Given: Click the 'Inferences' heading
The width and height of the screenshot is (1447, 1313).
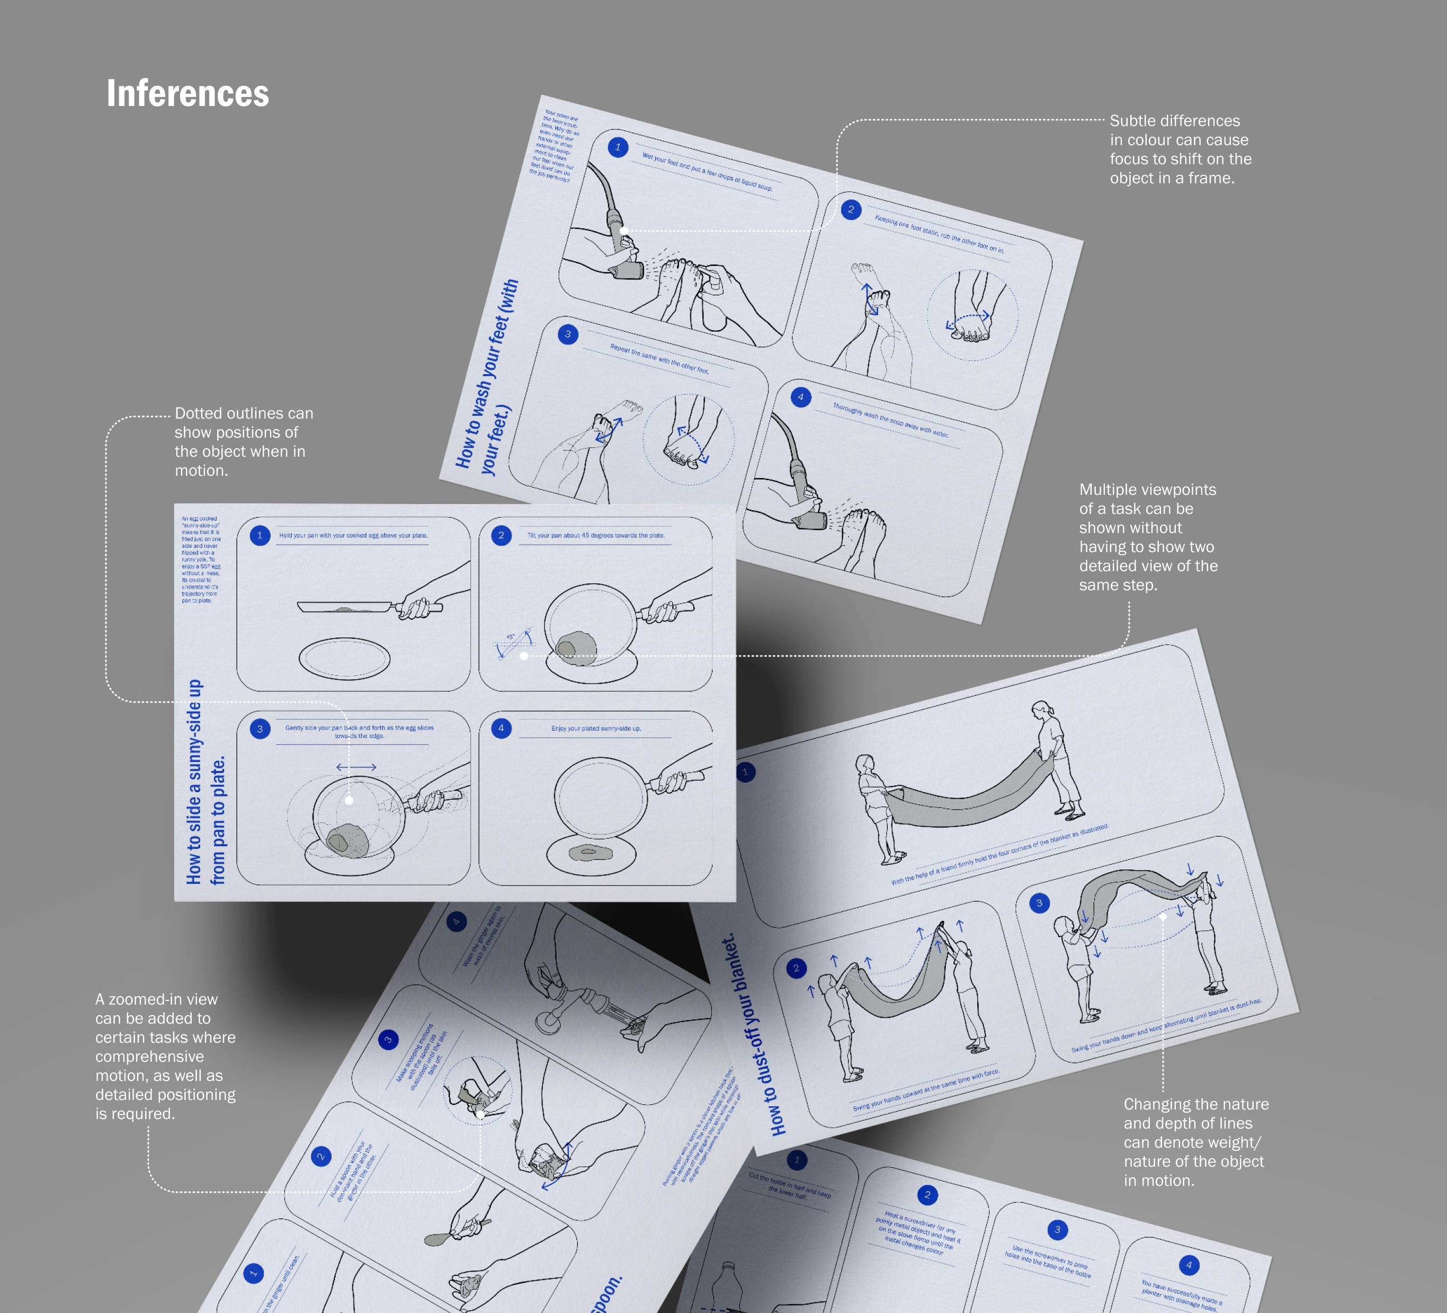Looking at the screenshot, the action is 187,93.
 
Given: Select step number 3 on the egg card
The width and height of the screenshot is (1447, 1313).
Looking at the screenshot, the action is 260,729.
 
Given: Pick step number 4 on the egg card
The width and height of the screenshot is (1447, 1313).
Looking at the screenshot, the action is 501,728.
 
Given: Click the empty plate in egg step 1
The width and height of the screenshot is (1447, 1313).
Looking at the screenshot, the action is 344,658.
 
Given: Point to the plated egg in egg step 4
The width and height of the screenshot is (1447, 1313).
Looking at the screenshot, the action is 590,853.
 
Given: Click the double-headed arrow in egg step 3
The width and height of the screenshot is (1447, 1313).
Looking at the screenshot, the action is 356,767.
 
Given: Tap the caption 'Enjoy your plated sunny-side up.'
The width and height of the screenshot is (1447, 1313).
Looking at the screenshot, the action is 596,728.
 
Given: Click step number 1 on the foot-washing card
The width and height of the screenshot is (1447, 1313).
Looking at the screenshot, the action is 617,147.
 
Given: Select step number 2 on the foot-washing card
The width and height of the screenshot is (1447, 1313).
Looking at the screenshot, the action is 851,210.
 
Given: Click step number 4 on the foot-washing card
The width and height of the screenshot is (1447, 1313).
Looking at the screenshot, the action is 800,397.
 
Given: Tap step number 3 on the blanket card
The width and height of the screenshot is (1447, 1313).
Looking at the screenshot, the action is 1039,903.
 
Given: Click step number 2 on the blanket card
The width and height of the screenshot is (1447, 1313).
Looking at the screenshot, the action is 796,969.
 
